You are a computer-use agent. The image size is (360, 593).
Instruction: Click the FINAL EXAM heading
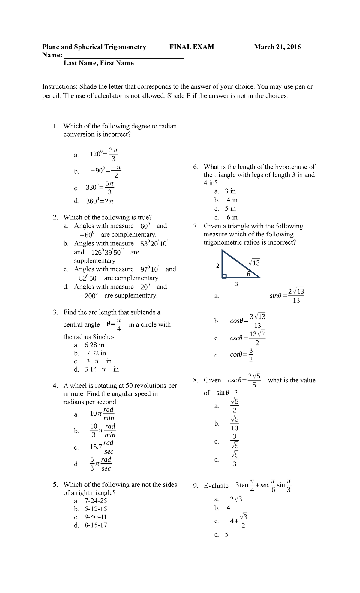pos(192,47)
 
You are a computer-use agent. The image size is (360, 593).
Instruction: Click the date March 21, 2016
pos(277,47)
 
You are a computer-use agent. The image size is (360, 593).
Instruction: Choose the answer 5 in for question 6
pos(230,209)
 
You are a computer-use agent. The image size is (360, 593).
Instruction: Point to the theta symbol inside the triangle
pos(248,274)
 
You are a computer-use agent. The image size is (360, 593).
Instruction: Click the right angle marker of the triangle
pos(224,276)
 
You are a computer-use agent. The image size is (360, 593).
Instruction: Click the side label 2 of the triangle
pos(218,266)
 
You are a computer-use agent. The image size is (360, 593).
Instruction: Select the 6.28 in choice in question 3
pos(94,345)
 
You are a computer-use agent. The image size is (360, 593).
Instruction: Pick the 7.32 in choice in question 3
pos(96,353)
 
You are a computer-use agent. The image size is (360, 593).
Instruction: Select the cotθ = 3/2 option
pos(242,355)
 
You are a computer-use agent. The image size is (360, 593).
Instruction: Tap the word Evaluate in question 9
pos(216,486)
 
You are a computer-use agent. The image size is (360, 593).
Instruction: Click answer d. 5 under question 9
pos(226,534)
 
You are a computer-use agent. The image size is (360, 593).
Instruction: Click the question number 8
pos(196,380)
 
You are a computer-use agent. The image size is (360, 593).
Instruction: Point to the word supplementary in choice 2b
pos(95,261)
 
